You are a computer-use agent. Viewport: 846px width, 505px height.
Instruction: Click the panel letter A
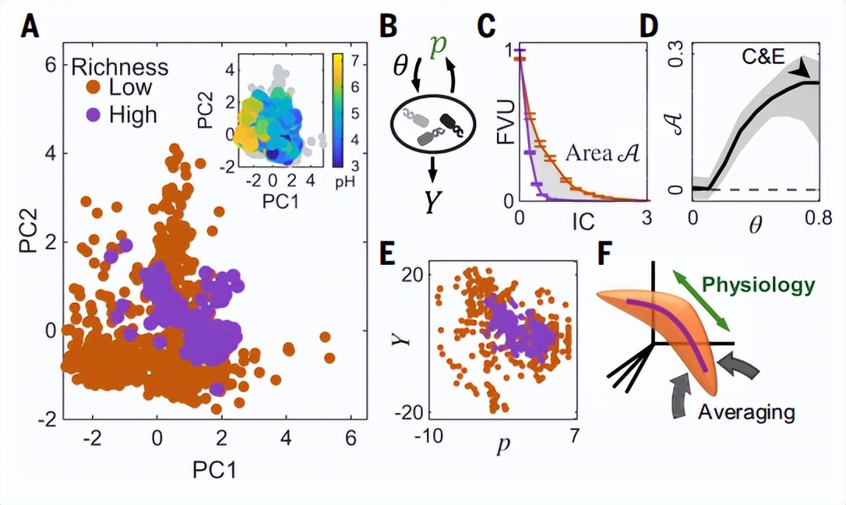[x=30, y=27]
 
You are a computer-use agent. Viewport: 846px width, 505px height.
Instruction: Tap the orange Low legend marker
[x=93, y=87]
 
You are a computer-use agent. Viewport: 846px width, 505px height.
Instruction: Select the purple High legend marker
[x=93, y=115]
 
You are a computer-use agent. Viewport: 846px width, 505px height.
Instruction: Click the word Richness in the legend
[x=120, y=68]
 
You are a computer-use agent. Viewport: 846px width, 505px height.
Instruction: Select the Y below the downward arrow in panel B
[x=432, y=203]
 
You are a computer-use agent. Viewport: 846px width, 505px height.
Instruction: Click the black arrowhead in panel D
[x=799, y=70]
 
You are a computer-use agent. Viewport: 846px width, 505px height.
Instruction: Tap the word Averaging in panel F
[x=747, y=413]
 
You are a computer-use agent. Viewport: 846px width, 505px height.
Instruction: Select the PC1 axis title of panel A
[x=214, y=471]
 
